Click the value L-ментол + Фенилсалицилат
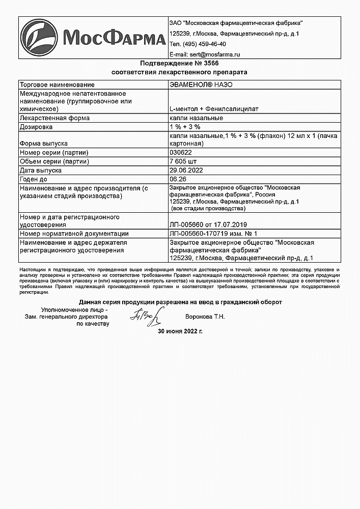pos(207,109)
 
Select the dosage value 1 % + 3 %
pos(184,126)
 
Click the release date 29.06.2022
pos(187,171)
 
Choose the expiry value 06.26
pos(177,179)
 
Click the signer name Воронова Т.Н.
pos(206,317)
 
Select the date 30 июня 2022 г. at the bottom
pos(180,331)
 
